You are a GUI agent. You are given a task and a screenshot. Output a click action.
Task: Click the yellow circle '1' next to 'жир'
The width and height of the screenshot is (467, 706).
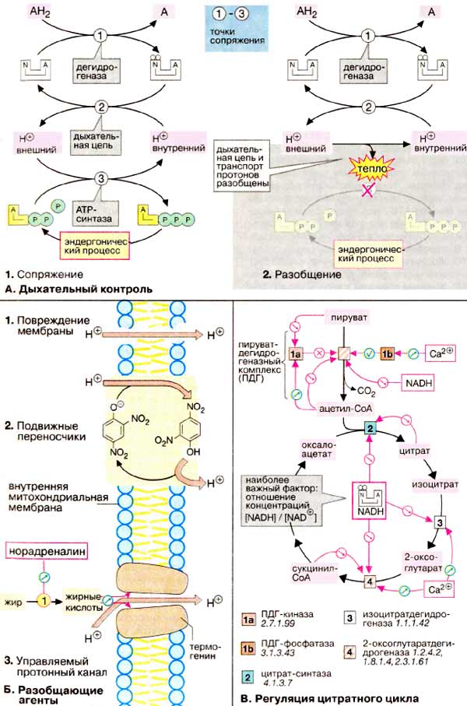point(45,600)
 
